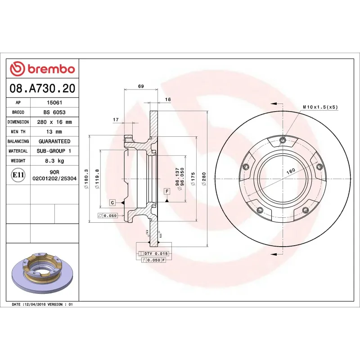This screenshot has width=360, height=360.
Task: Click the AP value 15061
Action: pos(54,102)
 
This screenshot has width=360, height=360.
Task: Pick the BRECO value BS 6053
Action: pos(54,112)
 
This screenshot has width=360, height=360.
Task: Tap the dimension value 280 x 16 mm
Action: pos(54,122)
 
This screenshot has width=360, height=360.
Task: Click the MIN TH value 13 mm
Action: pos(54,132)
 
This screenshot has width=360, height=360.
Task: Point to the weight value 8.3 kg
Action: pos(54,161)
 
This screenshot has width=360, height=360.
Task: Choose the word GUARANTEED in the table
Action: pos(54,141)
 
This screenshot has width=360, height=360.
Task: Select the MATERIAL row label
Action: pos(18,151)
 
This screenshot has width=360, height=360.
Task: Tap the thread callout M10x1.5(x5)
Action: pos(320,107)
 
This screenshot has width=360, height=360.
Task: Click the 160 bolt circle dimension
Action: pos(290,171)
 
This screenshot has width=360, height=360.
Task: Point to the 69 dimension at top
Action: pos(140,86)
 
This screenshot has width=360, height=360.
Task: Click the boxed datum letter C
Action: pos(112,202)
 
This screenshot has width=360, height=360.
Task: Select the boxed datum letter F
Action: pos(167,192)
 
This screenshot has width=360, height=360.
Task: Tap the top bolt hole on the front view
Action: pos(282,139)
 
